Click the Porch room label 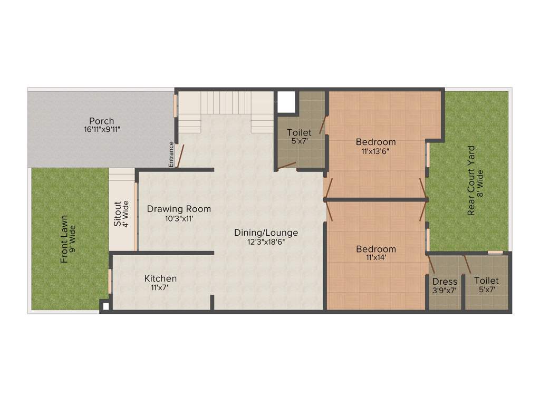101,121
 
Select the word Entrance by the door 171,155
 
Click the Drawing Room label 179,209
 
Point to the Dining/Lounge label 266,233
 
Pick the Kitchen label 161,278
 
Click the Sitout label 118,214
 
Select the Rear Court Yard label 471,181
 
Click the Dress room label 445,282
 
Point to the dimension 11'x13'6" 375,151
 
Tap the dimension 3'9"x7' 445,291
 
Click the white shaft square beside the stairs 286,102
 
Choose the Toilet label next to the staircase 299,132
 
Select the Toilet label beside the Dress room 486,281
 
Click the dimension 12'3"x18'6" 266,242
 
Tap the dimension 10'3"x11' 179,218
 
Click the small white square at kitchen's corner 105,305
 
